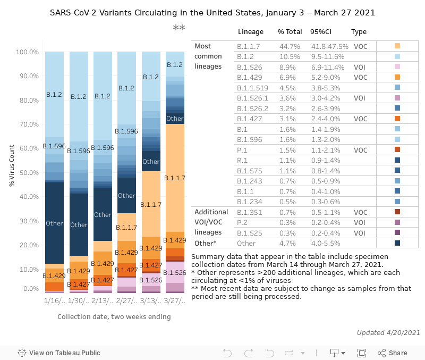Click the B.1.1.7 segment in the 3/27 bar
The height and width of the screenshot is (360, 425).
[x=175, y=178]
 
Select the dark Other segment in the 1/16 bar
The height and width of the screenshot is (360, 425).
[x=54, y=223]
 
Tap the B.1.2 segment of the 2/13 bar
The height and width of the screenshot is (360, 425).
[x=103, y=96]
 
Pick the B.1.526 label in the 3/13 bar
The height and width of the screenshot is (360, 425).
[x=151, y=280]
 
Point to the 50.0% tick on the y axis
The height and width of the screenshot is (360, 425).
[x=28, y=173]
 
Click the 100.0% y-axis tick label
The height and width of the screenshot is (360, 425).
[x=27, y=52]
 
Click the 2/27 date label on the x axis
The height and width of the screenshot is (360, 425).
[x=126, y=301]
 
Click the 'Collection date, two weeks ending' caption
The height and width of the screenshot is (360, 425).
[x=114, y=317]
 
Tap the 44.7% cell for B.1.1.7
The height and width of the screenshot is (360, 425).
[x=290, y=46]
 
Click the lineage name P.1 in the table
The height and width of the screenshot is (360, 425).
[x=242, y=150]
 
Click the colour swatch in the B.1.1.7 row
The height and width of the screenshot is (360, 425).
[x=397, y=46]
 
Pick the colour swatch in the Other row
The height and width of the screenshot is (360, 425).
[x=397, y=243]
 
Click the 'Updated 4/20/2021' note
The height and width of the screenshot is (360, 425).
[x=388, y=332]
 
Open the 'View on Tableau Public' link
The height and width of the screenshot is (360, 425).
[x=59, y=353]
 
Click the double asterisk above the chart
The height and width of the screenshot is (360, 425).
[x=179, y=28]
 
